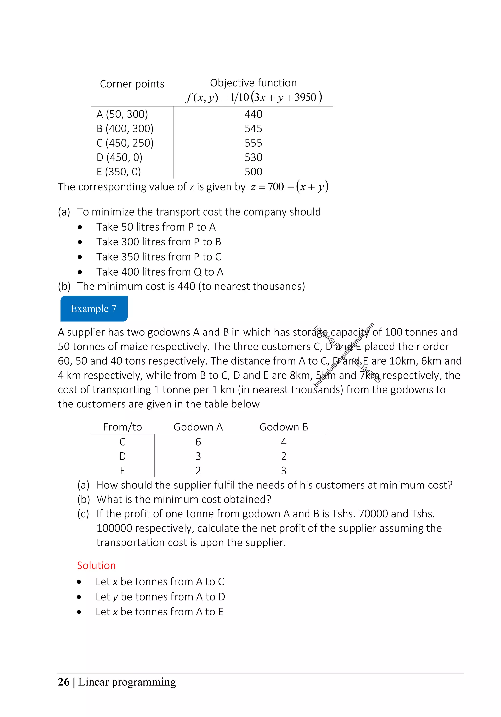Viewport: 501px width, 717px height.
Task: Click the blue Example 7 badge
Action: pos(94,308)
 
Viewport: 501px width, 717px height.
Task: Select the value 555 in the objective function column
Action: pos(253,143)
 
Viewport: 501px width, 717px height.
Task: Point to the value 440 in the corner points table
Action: pos(253,114)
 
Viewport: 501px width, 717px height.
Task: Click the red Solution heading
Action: pos(96,565)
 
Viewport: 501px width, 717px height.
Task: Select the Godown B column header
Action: pos(284,427)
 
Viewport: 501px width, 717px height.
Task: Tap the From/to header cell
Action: pos(122,427)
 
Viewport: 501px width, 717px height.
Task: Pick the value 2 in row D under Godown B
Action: pos(284,456)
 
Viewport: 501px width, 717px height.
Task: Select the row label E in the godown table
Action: pos(122,470)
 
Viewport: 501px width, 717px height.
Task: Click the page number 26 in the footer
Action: pos(64,682)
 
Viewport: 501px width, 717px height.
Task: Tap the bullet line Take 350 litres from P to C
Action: pos(159,257)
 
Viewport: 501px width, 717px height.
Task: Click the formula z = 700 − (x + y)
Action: pos(289,187)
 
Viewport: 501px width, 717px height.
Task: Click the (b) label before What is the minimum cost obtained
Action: pos(83,499)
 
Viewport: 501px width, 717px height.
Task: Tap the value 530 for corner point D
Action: pos(253,157)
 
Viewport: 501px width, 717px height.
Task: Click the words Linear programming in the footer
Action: pos(127,682)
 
